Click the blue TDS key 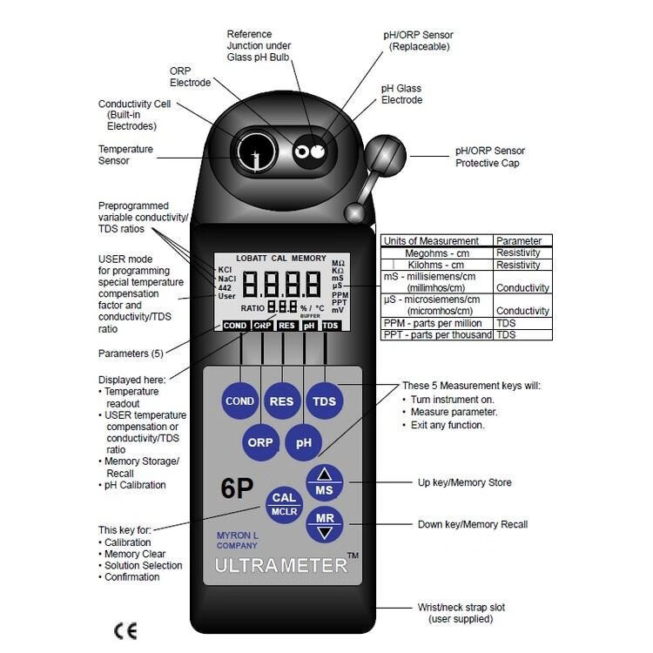coord(324,401)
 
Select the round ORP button coord(260,442)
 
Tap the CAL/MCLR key coord(285,503)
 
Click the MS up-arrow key coord(324,482)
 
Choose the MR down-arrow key coord(324,525)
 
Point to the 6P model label coord(236,488)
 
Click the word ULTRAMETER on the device coord(280,564)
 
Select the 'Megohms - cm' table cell coord(436,252)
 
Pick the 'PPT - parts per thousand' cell coord(437,334)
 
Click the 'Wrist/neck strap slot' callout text coord(461,613)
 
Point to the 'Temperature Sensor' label coord(125,155)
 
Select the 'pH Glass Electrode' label coord(401,94)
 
